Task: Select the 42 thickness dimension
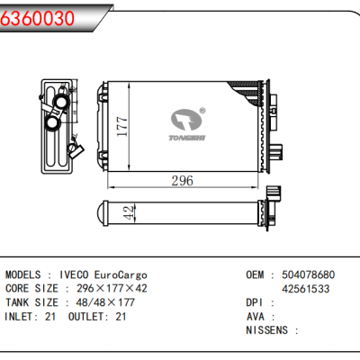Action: click(129, 213)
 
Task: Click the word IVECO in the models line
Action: click(75, 274)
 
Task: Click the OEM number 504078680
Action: click(306, 274)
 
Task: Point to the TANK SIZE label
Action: click(33, 303)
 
